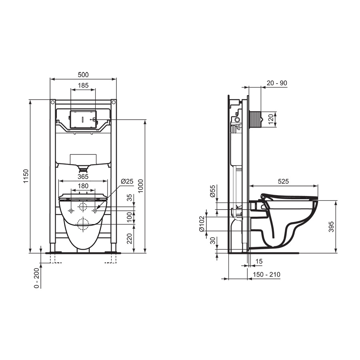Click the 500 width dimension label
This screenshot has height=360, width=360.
tap(83, 75)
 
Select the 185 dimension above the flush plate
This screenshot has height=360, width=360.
tap(83, 85)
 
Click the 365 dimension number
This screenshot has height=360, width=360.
tap(83, 176)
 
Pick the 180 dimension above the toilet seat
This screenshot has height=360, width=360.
tap(83, 186)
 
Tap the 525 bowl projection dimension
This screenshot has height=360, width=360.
tap(283, 181)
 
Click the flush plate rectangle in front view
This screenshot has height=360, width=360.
tap(83, 119)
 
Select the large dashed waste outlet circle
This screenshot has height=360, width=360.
tap(83, 225)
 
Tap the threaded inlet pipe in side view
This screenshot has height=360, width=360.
tap(255, 119)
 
